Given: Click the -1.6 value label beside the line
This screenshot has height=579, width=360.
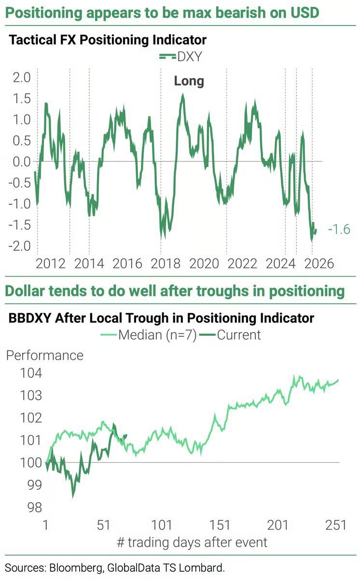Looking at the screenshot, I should [x=339, y=230].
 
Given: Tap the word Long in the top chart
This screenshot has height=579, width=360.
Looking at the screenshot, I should [x=189, y=81].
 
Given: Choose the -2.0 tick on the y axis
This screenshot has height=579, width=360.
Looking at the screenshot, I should [x=18, y=246].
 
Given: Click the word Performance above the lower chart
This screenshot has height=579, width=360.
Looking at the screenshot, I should [x=44, y=356].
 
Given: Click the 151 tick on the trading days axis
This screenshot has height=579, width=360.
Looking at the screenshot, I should [x=220, y=525].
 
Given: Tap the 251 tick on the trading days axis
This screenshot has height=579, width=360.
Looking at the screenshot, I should [x=335, y=525].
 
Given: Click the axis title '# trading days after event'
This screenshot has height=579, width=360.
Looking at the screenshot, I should [x=192, y=542].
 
